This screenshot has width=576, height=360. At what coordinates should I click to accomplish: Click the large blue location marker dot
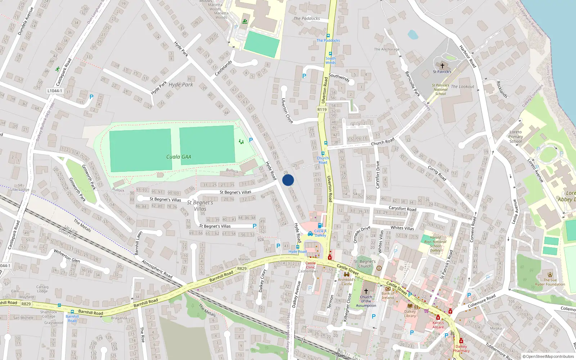(x=288, y=180)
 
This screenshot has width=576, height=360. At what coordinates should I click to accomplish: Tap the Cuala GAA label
(x=179, y=157)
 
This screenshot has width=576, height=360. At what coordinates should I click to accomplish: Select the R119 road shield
(x=322, y=109)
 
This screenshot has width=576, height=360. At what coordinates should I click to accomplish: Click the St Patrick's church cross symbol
(x=442, y=66)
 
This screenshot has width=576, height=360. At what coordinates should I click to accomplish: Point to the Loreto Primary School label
(x=516, y=137)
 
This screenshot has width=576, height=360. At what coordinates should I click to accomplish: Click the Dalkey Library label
(x=410, y=314)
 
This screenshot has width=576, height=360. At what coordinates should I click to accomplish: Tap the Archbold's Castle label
(x=347, y=282)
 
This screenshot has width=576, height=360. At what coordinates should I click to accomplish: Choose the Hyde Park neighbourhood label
(x=181, y=85)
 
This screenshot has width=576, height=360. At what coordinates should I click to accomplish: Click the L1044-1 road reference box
(x=55, y=91)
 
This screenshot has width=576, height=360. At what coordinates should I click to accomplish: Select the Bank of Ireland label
(x=388, y=296)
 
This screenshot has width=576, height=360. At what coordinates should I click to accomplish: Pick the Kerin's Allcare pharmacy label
(x=438, y=325)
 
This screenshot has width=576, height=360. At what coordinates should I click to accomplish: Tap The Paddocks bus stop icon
(x=328, y=36)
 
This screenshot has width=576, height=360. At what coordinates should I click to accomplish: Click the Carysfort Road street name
(x=402, y=208)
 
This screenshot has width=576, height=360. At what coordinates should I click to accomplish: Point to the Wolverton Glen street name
(x=67, y=256)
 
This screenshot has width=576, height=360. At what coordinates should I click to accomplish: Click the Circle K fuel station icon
(x=310, y=234)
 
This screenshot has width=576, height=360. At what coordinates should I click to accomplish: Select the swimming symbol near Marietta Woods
(x=245, y=22)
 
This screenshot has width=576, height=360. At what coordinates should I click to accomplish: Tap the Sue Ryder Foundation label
(x=550, y=282)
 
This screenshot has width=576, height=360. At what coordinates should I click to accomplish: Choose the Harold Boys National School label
(x=435, y=244)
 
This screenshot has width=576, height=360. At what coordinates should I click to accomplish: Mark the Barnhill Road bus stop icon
(x=72, y=311)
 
